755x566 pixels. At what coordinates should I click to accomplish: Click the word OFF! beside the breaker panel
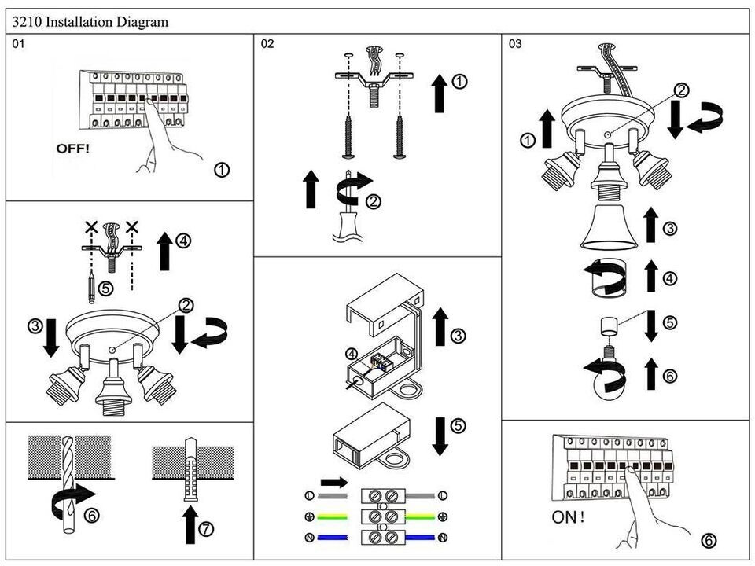pyautogui.click(x=73, y=148)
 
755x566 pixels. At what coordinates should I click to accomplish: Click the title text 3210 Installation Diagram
pyautogui.click(x=90, y=22)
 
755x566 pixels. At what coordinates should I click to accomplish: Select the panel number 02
pyautogui.click(x=267, y=44)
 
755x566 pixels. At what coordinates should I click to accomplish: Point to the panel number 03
pyautogui.click(x=515, y=44)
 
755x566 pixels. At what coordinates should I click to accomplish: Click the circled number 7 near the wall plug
pyautogui.click(x=206, y=528)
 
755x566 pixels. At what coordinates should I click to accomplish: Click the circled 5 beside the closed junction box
pyautogui.click(x=458, y=427)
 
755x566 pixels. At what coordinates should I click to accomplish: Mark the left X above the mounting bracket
pyautogui.click(x=92, y=228)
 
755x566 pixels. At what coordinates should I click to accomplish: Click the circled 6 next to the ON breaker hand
pyautogui.click(x=709, y=541)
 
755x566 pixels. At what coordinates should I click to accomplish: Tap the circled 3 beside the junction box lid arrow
pyautogui.click(x=459, y=336)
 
